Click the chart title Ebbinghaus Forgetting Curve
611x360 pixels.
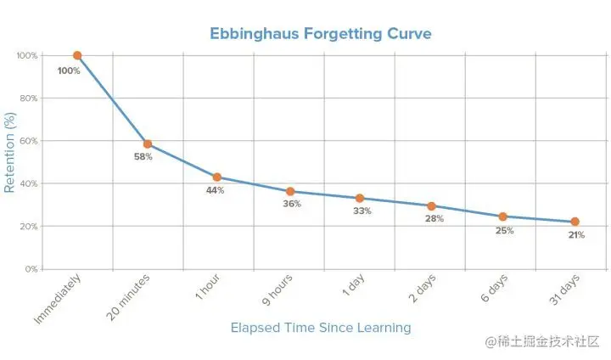pos(321,34)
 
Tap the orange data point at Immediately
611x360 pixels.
pos(77,55)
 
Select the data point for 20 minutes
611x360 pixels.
pos(148,144)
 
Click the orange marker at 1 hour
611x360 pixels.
pos(217,177)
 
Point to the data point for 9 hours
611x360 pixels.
pos(290,192)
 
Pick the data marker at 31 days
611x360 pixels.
pos(575,222)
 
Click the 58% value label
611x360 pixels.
pos(143,157)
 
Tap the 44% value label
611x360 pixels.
pos(215,190)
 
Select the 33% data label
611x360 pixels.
pos(362,211)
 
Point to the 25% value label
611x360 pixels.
pos(504,230)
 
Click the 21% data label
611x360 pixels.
pos(576,235)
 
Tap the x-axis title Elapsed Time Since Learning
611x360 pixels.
pos(321,327)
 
